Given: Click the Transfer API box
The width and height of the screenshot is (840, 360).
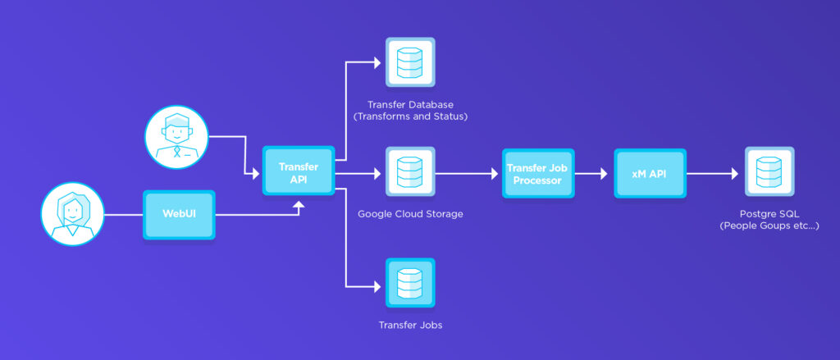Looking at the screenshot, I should [x=298, y=171].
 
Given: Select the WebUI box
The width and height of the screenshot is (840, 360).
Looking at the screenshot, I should [x=179, y=215].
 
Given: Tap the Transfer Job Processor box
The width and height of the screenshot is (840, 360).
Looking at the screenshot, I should [x=538, y=174].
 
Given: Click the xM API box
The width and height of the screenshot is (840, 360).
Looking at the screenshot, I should [x=650, y=174].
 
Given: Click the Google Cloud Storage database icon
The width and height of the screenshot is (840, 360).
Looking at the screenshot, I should [x=410, y=173].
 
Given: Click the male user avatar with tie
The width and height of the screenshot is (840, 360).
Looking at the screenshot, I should [x=175, y=136].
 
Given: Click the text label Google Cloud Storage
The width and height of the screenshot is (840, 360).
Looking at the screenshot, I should [x=410, y=215].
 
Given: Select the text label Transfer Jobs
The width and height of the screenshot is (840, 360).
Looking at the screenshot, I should [x=410, y=326].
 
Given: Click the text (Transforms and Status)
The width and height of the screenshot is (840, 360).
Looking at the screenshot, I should [x=410, y=116].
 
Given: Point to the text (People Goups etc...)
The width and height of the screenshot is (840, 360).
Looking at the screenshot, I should [x=769, y=226].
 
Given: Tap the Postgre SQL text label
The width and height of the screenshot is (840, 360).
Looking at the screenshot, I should [x=769, y=213].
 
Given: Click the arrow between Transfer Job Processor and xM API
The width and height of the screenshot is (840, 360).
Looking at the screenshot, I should [x=593, y=174].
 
